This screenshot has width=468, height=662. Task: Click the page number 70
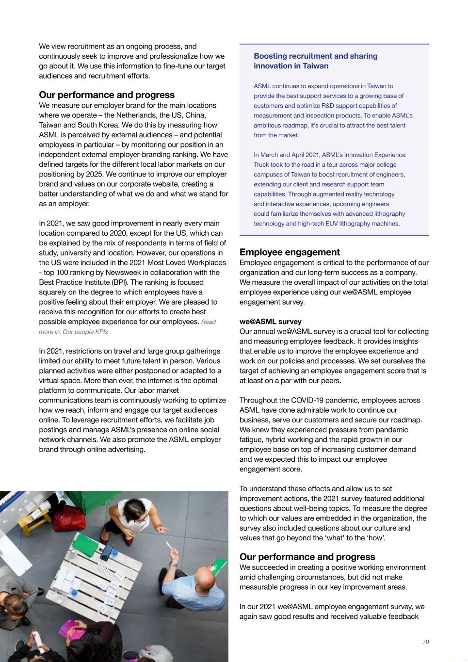tap(426, 642)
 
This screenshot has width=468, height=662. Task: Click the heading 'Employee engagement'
tap(290, 252)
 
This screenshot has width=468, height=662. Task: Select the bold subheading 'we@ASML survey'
tap(270, 322)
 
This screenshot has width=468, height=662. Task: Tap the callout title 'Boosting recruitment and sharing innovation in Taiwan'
tap(315, 61)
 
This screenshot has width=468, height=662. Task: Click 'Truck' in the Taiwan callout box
tap(262, 165)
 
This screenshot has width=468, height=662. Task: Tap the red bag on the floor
tap(70, 517)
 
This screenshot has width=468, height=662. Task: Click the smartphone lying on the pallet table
tap(106, 553)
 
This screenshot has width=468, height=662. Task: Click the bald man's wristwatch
tap(172, 564)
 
